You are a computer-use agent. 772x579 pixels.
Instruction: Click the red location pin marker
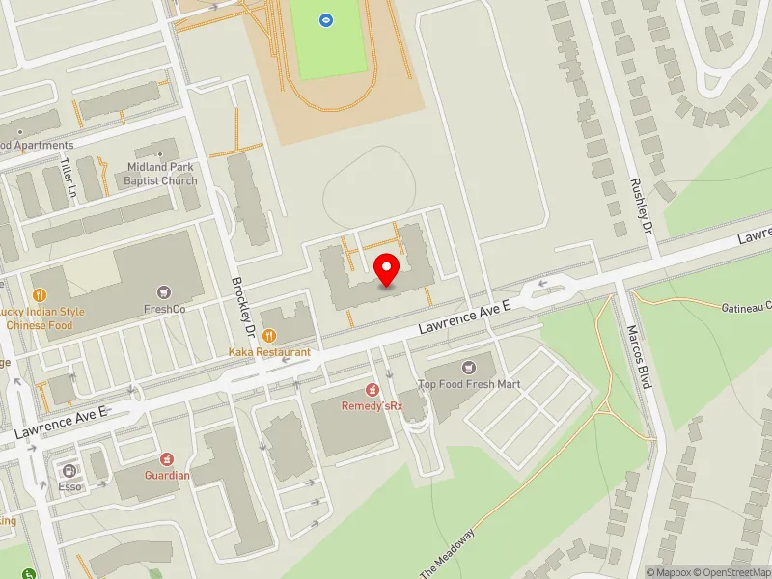387,269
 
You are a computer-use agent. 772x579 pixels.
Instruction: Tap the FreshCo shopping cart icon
164,291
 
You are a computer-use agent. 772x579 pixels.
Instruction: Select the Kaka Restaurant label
269,353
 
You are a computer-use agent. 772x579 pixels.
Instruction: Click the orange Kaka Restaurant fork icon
269,336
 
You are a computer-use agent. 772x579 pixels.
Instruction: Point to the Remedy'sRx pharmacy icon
372,389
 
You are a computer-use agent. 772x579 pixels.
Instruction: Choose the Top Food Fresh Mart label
469,384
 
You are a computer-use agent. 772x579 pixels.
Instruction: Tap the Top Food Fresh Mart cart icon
469,367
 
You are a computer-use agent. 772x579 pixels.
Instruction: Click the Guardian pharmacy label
167,475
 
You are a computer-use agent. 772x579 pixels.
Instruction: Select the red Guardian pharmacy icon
167,457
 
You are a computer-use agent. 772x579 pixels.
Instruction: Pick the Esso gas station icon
69,470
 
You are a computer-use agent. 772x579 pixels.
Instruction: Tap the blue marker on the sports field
326,18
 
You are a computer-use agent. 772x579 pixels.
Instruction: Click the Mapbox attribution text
672,572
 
